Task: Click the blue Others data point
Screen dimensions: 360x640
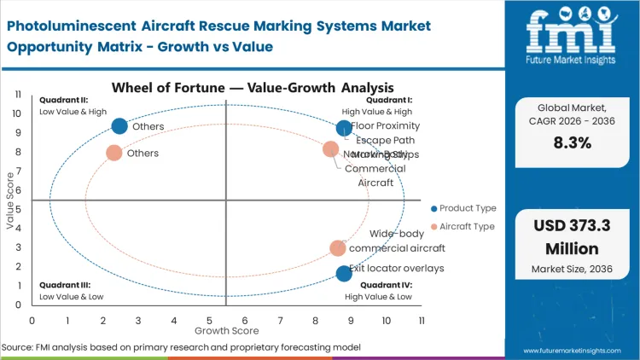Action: click(119, 126)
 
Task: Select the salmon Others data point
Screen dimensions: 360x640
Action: click(113, 154)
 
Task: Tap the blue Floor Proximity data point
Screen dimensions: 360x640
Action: click(344, 128)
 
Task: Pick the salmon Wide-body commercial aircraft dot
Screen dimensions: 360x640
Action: click(338, 248)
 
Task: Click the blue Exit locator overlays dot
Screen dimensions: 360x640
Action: click(344, 273)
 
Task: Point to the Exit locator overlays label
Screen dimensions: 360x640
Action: click(396, 268)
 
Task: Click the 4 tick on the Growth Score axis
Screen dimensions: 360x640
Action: click(173, 320)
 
